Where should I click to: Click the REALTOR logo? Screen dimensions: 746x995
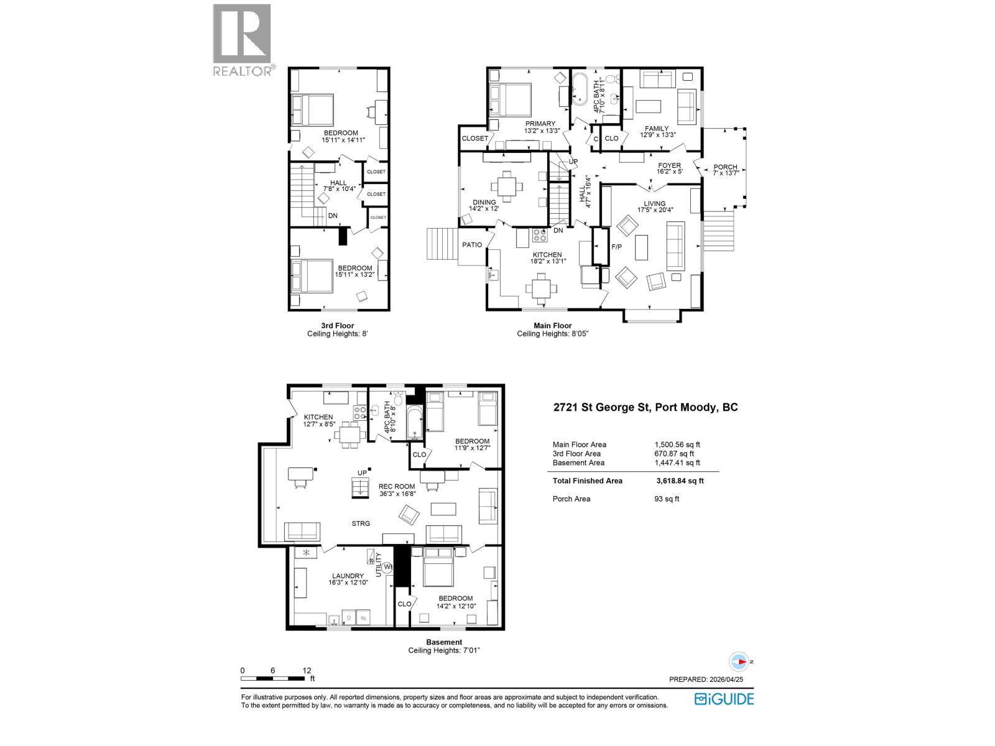243,40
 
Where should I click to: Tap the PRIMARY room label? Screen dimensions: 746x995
540,124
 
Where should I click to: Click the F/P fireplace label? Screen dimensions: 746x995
617,247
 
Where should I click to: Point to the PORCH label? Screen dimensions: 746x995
725,167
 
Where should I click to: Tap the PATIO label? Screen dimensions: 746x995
472,244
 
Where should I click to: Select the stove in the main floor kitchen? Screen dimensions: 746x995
540,235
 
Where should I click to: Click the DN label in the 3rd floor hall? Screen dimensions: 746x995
333,216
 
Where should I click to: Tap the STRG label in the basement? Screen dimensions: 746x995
361,523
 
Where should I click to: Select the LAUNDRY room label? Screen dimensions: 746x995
347,576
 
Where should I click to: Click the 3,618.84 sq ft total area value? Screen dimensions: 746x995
680,481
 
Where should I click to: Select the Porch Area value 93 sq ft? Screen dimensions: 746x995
667,499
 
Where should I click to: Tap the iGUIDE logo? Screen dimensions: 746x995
724,699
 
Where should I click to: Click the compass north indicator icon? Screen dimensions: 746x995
738,661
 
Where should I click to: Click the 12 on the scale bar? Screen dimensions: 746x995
307,671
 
